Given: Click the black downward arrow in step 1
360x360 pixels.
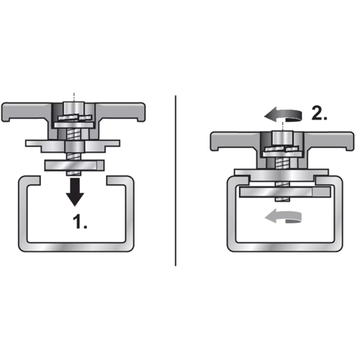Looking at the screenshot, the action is click(x=75, y=192).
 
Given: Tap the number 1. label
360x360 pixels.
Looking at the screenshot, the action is click(x=80, y=222).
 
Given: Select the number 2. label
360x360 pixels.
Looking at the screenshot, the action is click(x=320, y=112).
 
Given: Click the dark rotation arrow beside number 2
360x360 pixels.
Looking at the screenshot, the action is click(x=283, y=116).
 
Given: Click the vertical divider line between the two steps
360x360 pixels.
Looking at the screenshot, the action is click(x=176, y=181).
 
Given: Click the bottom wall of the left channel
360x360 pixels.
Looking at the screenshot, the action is click(x=76, y=247).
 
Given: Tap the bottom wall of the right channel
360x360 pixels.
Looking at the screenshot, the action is click(x=284, y=247).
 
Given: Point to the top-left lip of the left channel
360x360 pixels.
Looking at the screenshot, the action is click(x=30, y=181).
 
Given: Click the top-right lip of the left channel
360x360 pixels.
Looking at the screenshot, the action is click(x=120, y=181).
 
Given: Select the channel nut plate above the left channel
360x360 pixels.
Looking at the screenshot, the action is click(x=74, y=166).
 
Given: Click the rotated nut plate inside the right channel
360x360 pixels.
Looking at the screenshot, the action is click(x=285, y=193).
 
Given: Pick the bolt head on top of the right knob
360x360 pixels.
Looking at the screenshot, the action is click(x=282, y=138).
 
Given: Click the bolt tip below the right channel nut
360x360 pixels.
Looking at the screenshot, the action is click(x=283, y=199).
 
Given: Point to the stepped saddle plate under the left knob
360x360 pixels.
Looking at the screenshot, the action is click(x=73, y=146).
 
